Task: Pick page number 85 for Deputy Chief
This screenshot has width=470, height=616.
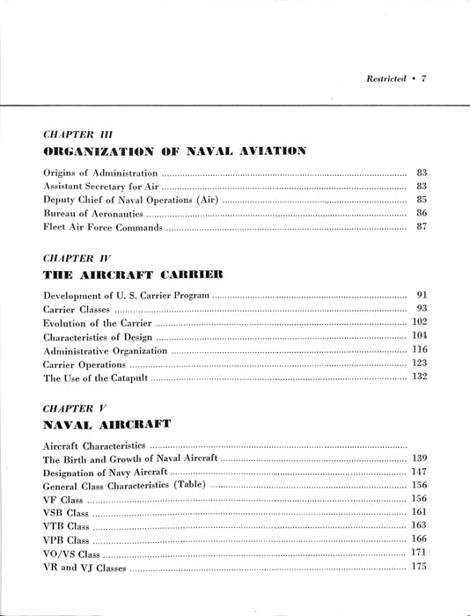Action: click(420, 199)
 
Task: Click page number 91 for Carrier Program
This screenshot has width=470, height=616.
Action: click(421, 296)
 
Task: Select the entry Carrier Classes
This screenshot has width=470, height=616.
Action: click(77, 311)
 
